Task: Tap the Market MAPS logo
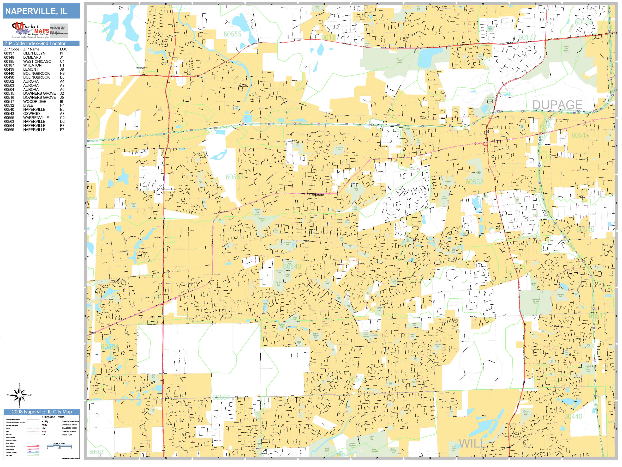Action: (30, 30)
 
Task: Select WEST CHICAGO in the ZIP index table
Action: (37, 61)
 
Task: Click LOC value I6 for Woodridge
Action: (62, 102)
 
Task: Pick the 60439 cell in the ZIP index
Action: (9, 69)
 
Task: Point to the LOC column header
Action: (64, 49)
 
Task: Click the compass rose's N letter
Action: (19, 384)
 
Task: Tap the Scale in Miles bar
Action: (59, 446)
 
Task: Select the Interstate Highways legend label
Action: (11, 452)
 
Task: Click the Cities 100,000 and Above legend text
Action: (70, 421)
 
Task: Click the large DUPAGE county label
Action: (557, 105)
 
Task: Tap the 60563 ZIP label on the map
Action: (234, 177)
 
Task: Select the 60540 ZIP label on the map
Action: (292, 266)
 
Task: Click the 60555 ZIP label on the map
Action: (232, 34)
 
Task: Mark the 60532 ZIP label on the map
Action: (474, 182)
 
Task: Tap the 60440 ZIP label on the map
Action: (573, 416)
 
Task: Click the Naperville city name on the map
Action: (318, 195)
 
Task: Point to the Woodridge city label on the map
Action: (558, 326)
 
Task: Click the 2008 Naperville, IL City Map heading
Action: (42, 412)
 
